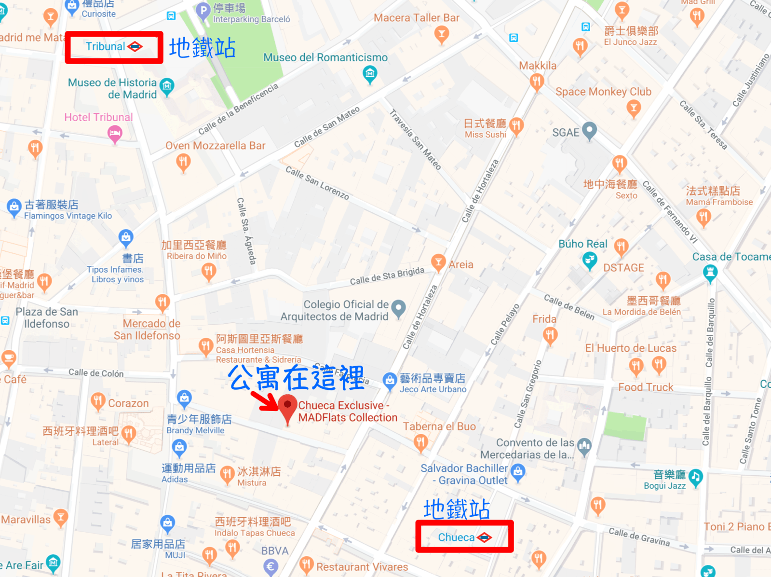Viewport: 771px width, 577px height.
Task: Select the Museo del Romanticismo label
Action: click(325, 57)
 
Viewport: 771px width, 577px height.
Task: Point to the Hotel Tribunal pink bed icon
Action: click(115, 133)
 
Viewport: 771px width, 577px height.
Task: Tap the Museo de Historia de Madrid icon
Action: click(167, 87)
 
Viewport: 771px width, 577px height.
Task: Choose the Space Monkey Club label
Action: click(603, 92)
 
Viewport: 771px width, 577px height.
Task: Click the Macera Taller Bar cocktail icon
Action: click(441, 34)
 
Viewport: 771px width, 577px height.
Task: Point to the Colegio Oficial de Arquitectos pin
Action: click(398, 308)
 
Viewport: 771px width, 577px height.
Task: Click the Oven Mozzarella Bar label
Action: click(215, 146)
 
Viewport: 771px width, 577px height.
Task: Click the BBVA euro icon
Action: click(271, 566)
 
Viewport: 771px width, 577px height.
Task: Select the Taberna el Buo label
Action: click(439, 426)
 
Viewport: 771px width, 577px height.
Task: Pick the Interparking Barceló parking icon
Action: click(203, 10)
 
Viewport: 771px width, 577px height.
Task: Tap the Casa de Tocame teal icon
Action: click(710, 273)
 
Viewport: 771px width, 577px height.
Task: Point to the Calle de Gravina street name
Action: click(639, 536)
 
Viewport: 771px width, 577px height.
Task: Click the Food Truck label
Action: click(646, 387)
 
